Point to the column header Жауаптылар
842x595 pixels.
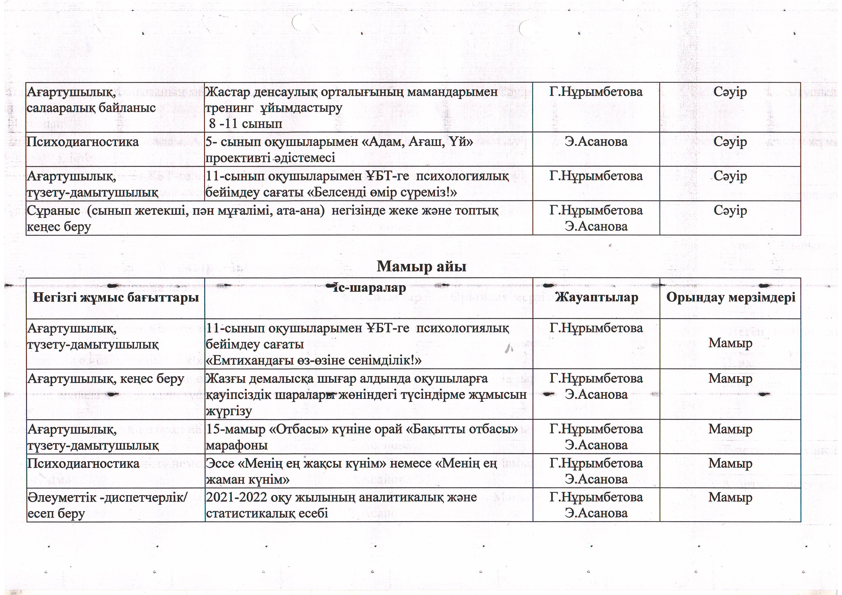coord(596,297)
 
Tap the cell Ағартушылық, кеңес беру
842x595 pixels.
coord(106,379)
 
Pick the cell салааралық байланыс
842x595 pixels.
coord(91,108)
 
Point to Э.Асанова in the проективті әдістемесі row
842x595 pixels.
coord(596,142)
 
